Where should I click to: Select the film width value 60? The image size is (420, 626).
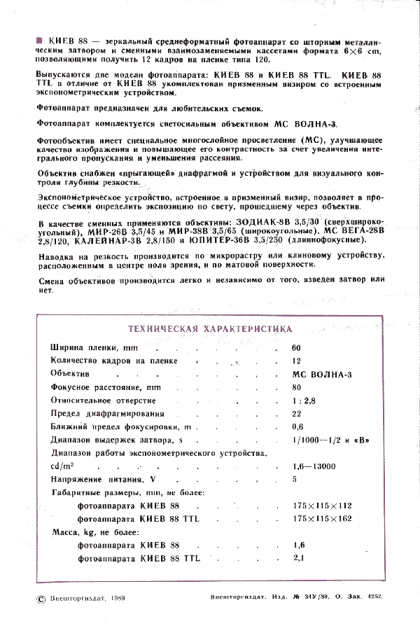click(x=296, y=348)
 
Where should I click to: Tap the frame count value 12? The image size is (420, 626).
click(x=296, y=361)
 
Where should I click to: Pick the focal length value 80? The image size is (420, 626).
click(x=296, y=387)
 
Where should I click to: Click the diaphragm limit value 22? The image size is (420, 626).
click(x=296, y=414)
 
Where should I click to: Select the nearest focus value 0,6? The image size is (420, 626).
click(x=297, y=427)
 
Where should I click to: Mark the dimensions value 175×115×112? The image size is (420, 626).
click(x=323, y=506)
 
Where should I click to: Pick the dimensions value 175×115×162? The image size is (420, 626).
click(x=323, y=518)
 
